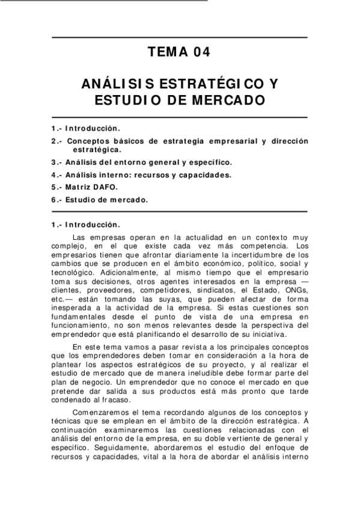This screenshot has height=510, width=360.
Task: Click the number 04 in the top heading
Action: (x=201, y=53)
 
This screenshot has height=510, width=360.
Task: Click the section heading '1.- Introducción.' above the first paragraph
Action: (x=86, y=225)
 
